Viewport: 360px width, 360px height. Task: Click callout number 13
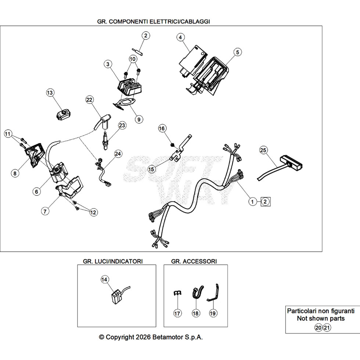point(50,93)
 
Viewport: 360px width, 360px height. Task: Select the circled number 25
point(263,150)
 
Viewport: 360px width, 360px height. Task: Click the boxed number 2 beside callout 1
point(265,202)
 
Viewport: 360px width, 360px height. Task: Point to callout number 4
point(180,37)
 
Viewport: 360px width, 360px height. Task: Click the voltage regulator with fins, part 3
point(129,87)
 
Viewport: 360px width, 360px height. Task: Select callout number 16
point(162,128)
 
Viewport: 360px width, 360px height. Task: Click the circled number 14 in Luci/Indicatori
point(104,280)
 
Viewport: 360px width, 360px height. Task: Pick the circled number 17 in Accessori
point(177,313)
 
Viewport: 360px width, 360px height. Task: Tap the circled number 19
point(213,313)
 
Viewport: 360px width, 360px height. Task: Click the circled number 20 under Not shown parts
point(318,327)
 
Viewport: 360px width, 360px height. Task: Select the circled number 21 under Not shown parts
point(327,327)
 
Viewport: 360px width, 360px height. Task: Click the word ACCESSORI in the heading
point(200,261)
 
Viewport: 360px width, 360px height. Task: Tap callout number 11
point(8,134)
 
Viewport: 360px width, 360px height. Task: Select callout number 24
point(118,154)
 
